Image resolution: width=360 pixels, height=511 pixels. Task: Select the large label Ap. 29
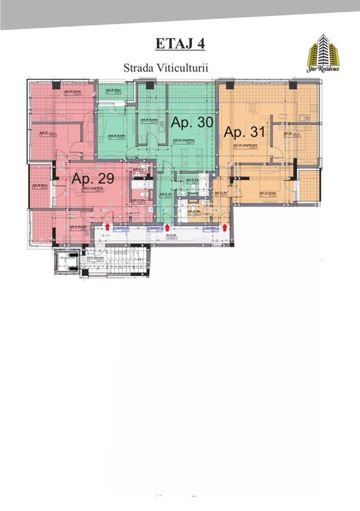tap(92, 178)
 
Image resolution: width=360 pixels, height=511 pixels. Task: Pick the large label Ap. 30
tap(191, 123)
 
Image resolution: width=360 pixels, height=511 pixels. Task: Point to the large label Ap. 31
tap(245, 133)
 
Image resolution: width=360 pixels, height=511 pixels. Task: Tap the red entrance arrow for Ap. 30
tap(169, 228)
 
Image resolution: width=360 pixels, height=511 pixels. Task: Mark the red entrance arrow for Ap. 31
tap(225, 228)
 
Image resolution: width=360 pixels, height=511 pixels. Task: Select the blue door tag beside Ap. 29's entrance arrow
tap(123, 228)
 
